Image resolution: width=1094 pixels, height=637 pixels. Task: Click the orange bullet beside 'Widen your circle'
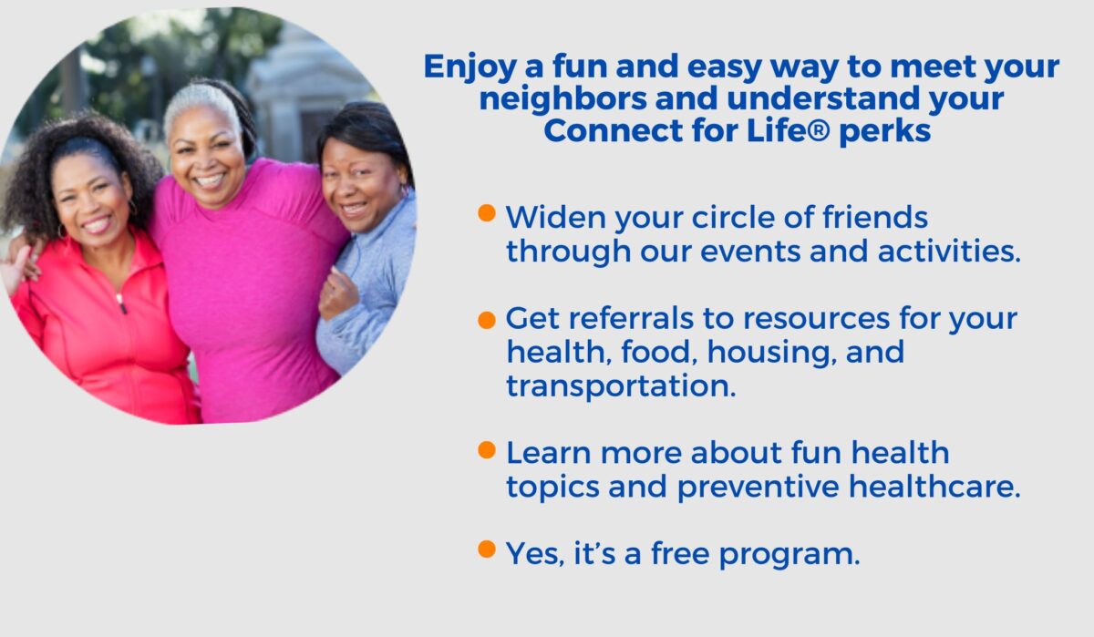(487, 214)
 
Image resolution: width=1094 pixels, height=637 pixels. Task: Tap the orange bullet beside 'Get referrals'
(487, 320)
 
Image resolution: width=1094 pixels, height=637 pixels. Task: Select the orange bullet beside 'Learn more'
(487, 449)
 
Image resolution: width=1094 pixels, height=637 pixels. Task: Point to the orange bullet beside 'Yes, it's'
(487, 550)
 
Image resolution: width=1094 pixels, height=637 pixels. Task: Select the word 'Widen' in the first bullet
(550, 218)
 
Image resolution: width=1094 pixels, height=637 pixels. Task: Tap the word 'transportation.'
(621, 385)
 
